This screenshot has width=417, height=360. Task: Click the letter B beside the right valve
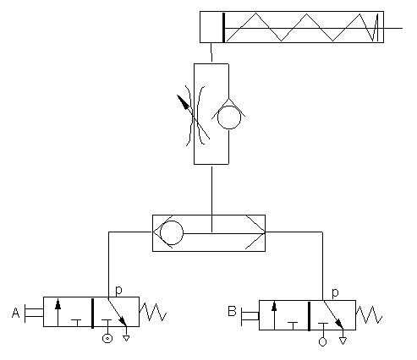tap(232, 314)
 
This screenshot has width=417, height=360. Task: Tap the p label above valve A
tap(118, 290)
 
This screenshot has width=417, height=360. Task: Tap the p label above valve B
tap(336, 292)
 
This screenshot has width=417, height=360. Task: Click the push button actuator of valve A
tap(33, 313)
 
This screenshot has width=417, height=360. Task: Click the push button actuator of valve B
tap(250, 315)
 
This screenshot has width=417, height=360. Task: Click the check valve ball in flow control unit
tap(228, 116)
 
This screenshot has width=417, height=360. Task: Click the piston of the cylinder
tap(222, 27)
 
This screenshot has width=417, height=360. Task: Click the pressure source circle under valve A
tap(107, 339)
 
